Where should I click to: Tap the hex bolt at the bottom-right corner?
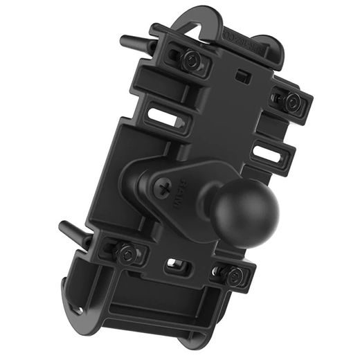pos(233,275)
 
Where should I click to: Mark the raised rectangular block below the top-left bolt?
pos(156,83)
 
